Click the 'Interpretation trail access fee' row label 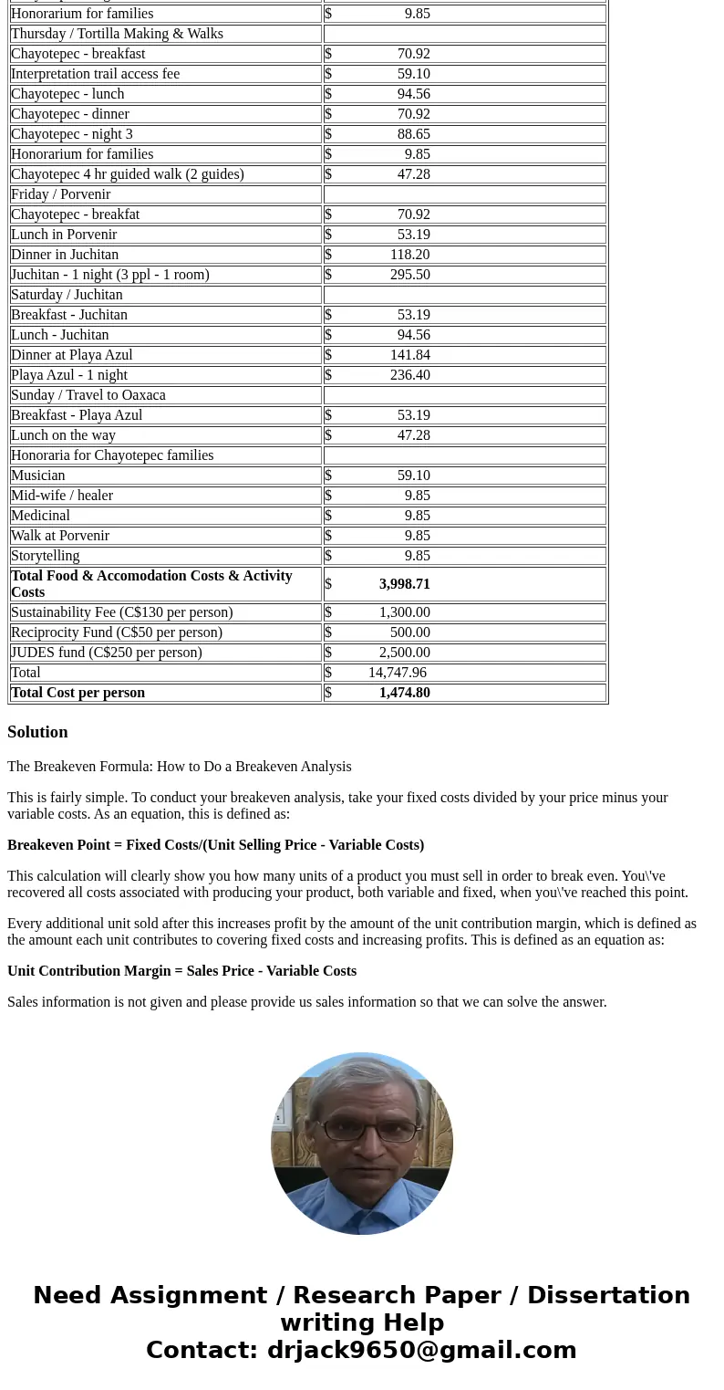pyautogui.click(x=95, y=74)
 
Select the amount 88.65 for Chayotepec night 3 pyautogui.click(x=413, y=134)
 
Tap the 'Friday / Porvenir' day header pyautogui.click(x=60, y=194)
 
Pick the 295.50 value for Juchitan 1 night pyautogui.click(x=409, y=275)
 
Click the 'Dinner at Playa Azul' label pyautogui.click(x=72, y=355)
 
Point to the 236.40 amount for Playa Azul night pyautogui.click(x=409, y=375)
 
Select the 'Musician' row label pyautogui.click(x=37, y=476)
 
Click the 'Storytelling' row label pyautogui.click(x=46, y=556)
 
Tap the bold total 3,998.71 pyautogui.click(x=404, y=584)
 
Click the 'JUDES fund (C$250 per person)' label pyautogui.click(x=107, y=653)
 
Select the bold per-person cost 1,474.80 pyautogui.click(x=404, y=693)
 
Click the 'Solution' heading pyautogui.click(x=37, y=732)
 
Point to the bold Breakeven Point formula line pyautogui.click(x=215, y=845)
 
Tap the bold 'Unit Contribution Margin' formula pyautogui.click(x=181, y=971)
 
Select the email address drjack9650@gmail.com pyautogui.click(x=421, y=1350)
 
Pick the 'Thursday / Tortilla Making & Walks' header pyautogui.click(x=117, y=34)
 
